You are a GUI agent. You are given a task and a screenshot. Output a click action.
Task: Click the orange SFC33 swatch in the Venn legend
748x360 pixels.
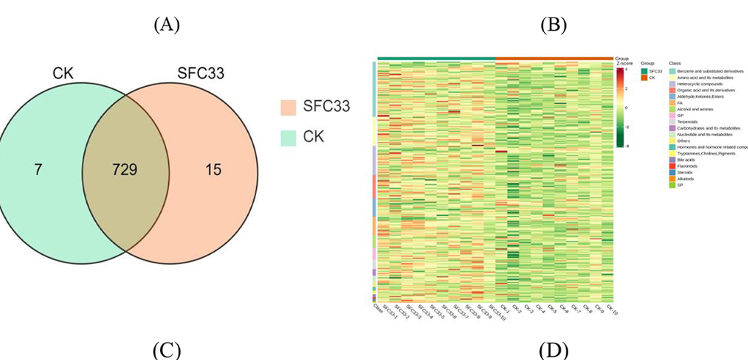[293, 107]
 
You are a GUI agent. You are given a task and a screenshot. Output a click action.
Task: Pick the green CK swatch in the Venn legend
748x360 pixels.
[293, 136]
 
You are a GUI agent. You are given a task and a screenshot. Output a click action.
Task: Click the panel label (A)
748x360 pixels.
[167, 25]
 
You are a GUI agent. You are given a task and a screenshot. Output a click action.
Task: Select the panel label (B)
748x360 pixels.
[553, 25]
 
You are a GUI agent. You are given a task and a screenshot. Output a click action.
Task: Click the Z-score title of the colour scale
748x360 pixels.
[623, 63]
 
